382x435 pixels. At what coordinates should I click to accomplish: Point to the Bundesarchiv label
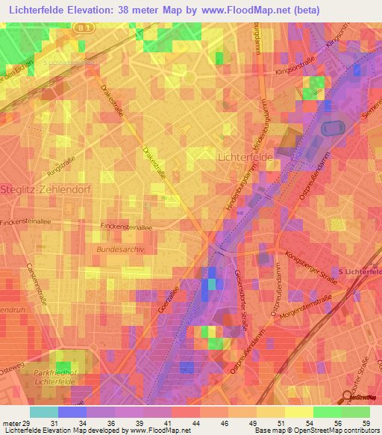[118, 247]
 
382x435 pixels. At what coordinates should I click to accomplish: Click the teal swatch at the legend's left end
[44, 412]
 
